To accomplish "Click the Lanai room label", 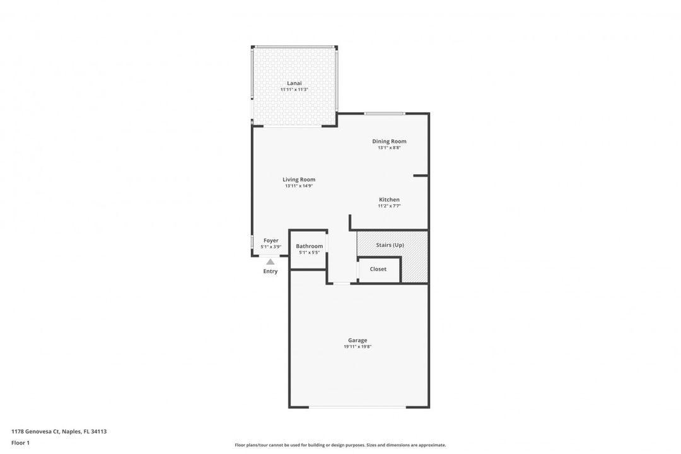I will (x=294, y=83).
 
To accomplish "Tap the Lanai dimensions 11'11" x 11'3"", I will (x=294, y=90).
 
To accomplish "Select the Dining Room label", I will (x=389, y=141).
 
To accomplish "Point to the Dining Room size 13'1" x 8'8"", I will (x=389, y=148).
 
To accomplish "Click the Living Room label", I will (x=299, y=180).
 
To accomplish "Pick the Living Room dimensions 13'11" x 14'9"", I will (x=299, y=186).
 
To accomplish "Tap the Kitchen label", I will (x=389, y=200).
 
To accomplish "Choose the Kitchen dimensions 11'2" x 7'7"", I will (x=389, y=206).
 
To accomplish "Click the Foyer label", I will (x=271, y=240).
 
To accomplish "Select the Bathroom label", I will (x=309, y=246).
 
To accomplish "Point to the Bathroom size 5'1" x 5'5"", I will (x=309, y=252).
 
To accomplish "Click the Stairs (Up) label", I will (x=390, y=245).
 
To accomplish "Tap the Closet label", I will (x=378, y=269).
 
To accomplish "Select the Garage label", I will (x=358, y=340).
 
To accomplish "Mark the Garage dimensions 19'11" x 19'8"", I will (x=358, y=347).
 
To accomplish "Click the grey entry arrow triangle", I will (x=271, y=262).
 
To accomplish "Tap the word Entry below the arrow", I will (x=271, y=272).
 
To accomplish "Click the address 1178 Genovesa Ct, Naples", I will (x=59, y=431).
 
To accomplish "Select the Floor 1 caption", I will (x=20, y=443).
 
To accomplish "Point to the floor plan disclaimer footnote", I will (x=340, y=445).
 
